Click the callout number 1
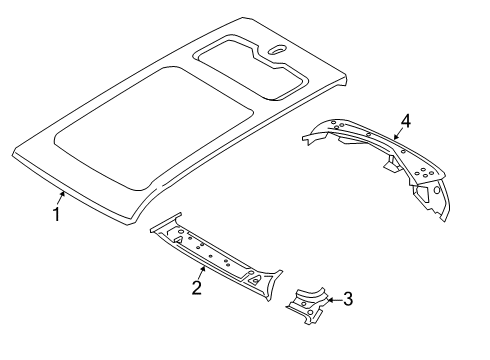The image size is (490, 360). coord(57,213)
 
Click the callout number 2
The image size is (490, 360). coord(197,289)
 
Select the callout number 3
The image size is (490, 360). coord(347,297)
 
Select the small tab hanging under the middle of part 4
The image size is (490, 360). coord(385,167)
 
